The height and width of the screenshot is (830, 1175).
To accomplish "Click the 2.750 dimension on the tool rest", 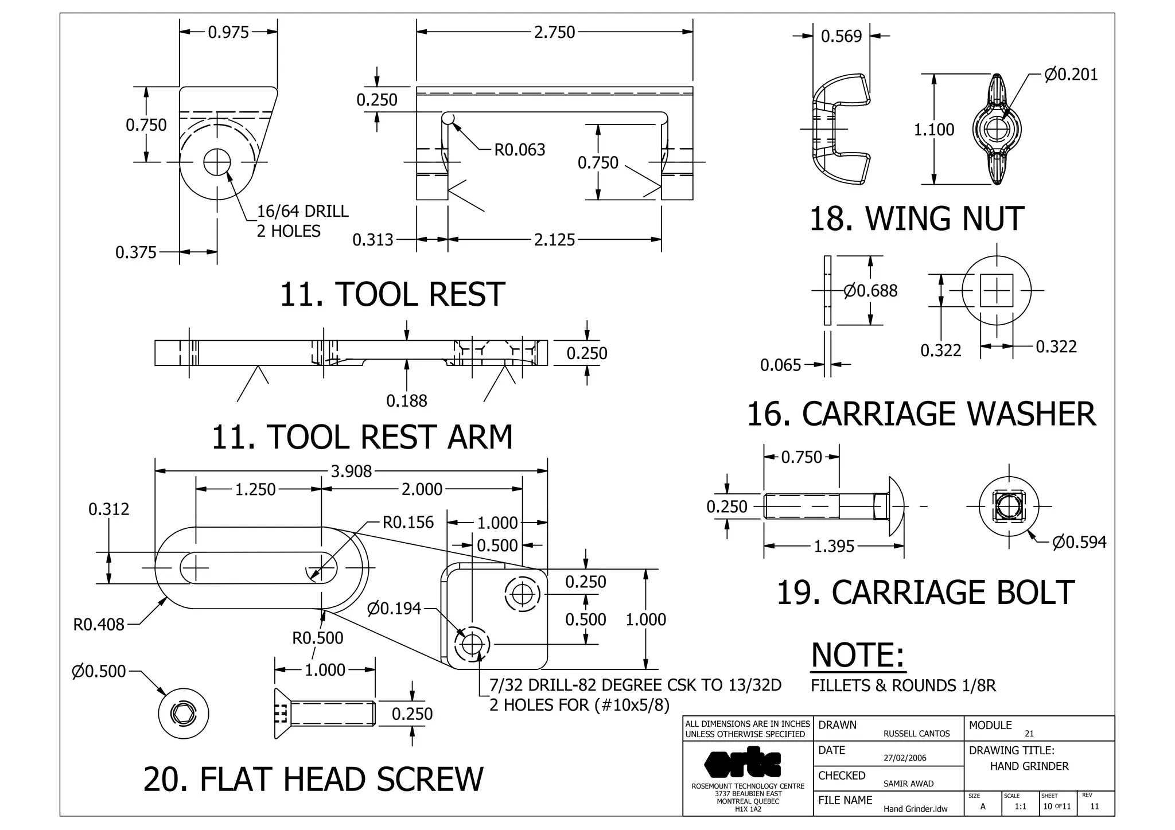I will (x=554, y=32).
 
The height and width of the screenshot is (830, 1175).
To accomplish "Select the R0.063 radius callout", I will (x=520, y=150).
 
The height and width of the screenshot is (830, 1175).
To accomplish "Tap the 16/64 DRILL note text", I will (x=302, y=212).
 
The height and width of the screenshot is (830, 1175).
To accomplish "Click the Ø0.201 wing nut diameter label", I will (x=1071, y=75).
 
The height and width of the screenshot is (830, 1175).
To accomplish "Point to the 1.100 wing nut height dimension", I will (x=933, y=130).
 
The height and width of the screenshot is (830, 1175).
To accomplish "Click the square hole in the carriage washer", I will (x=997, y=290).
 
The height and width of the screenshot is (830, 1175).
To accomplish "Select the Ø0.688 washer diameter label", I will (x=870, y=291).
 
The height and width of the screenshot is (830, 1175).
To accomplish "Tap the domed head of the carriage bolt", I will (x=896, y=506).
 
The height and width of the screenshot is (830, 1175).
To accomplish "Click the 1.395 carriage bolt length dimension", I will (x=834, y=546).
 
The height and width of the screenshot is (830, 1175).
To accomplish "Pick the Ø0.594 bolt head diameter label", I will (x=1079, y=542).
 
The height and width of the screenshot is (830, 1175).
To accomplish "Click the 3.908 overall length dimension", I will (x=351, y=471).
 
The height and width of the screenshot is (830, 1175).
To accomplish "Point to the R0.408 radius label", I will (x=99, y=625).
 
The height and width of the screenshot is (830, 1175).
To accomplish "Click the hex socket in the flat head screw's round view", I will (x=184, y=714).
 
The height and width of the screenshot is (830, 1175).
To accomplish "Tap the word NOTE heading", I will (x=858, y=655).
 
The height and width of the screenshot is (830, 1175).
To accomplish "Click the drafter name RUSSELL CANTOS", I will (x=916, y=734).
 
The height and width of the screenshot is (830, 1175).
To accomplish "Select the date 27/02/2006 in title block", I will (x=905, y=758).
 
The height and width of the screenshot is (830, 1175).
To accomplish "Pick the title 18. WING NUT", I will (x=916, y=219).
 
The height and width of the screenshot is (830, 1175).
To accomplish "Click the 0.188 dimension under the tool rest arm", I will (x=406, y=401).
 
